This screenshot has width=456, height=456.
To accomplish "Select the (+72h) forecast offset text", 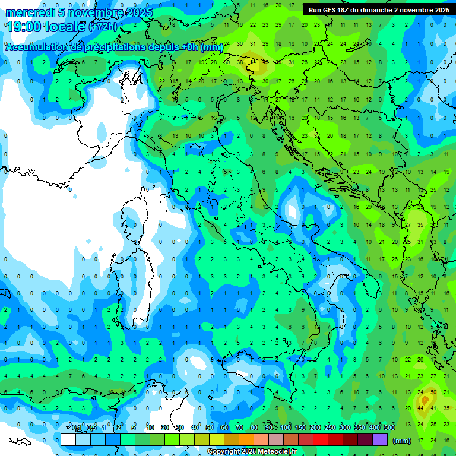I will click(x=102, y=27).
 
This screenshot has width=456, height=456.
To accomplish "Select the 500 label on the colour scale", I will click(x=389, y=427).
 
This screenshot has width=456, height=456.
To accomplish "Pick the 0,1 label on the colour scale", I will click(x=77, y=427).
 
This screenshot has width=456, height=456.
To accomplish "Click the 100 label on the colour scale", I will click(x=286, y=427).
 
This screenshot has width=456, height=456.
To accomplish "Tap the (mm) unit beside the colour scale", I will click(x=402, y=441).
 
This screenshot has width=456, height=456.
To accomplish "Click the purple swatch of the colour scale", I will click(x=381, y=440).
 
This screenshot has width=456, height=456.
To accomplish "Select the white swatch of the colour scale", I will click(x=68, y=440).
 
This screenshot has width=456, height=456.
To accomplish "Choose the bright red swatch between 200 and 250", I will click(x=321, y=440).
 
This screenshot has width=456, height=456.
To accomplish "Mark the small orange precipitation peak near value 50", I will click(x=425, y=401).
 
